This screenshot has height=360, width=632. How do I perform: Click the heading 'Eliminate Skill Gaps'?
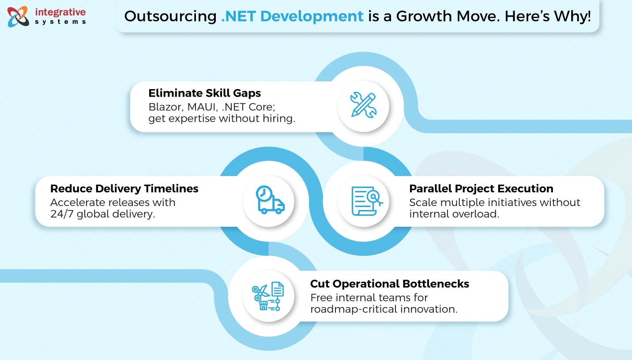(x=204, y=93)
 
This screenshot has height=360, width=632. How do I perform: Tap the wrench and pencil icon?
(x=363, y=105)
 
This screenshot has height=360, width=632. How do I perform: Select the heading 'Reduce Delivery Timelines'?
(x=124, y=189)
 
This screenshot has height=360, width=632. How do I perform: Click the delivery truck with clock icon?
(x=269, y=201)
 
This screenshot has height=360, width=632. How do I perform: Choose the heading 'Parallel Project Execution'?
(x=481, y=189)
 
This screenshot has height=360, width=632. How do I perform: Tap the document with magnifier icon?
(x=366, y=201)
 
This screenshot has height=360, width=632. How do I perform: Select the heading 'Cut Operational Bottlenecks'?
(x=389, y=284)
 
